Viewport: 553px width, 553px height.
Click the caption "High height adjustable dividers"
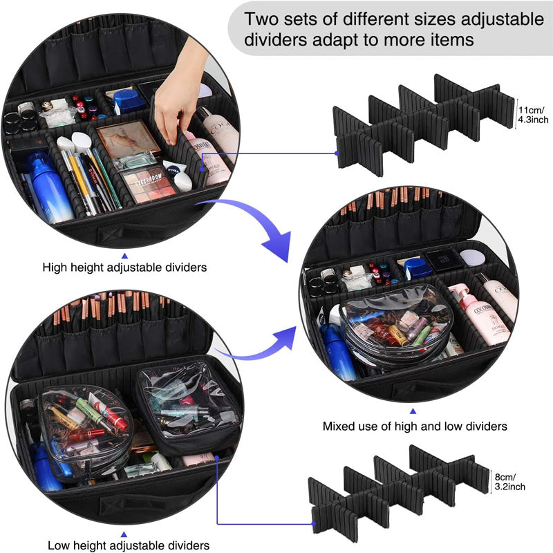[124, 266]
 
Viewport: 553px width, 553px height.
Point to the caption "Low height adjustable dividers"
[129, 545]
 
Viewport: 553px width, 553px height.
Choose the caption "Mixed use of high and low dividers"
[415, 427]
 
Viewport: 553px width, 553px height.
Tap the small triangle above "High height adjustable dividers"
[124, 244]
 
